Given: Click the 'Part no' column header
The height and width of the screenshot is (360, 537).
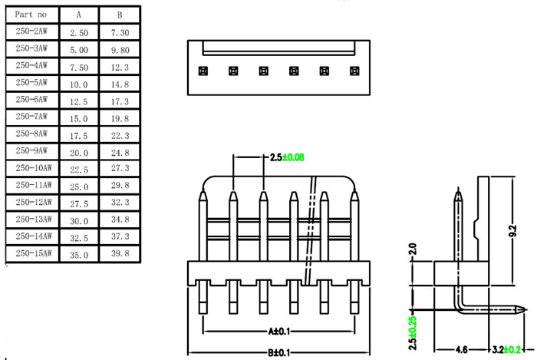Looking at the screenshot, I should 31,14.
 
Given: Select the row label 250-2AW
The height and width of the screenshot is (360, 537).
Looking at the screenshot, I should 31,31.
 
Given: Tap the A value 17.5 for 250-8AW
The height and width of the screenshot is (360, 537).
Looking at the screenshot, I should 79,134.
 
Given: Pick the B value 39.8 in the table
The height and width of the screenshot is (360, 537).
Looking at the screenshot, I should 120,253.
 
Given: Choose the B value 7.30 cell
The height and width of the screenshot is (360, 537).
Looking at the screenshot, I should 120,33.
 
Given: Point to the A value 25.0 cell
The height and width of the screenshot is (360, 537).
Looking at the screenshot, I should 79,185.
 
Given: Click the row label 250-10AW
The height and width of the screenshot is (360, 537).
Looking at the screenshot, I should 33,167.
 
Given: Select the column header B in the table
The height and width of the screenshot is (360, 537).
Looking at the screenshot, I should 119,15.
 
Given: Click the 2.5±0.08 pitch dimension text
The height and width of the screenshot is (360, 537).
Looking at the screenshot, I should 288,157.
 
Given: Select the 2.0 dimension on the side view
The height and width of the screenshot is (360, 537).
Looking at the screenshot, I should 412,249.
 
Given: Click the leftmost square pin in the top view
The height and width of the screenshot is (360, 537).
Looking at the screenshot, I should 203,71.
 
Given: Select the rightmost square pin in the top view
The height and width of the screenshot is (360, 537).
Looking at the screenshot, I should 354,71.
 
